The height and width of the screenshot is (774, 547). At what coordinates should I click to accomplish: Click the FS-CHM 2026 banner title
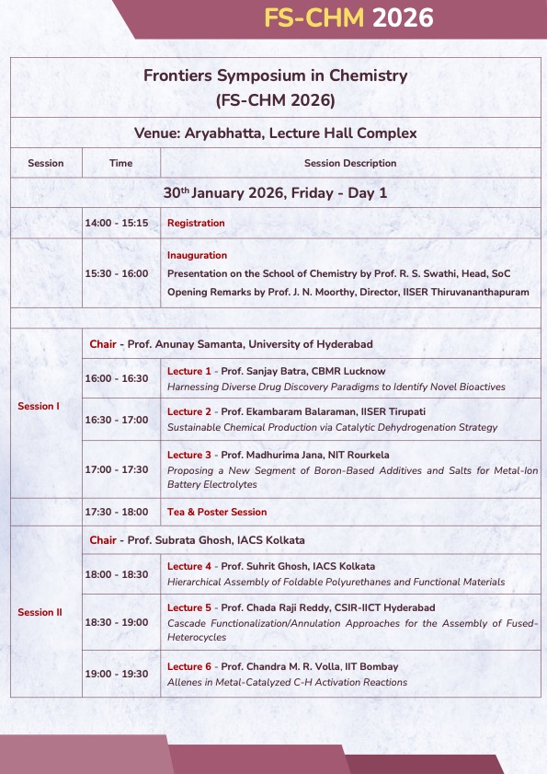348,18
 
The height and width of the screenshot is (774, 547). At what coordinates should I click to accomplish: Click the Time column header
120,163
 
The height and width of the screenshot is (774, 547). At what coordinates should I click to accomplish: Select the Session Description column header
350,163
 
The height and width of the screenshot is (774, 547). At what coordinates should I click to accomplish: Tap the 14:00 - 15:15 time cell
116,224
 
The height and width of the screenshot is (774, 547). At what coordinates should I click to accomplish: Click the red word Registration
196,224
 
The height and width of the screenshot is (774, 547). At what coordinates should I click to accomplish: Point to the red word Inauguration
197,255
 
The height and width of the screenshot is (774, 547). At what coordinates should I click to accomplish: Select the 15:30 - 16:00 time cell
116,273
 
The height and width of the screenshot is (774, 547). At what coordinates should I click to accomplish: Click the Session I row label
37,407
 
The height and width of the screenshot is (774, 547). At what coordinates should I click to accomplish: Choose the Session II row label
39,612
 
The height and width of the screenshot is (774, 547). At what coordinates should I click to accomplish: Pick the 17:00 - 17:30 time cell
116,469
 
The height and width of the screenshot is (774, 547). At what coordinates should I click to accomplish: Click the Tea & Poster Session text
217,512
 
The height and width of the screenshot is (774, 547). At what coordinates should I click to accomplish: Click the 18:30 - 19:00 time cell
116,622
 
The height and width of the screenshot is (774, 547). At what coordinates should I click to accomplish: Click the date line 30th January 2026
275,193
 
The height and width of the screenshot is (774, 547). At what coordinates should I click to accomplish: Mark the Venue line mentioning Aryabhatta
275,133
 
